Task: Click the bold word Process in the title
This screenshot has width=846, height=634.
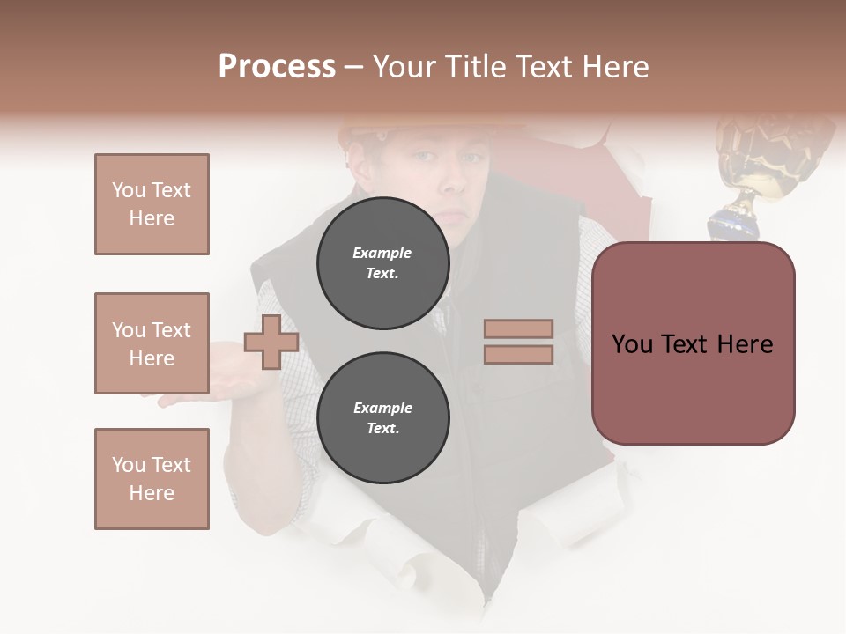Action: [x=277, y=67]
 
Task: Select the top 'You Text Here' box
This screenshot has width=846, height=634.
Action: [x=152, y=204]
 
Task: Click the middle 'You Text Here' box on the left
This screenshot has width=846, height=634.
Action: [x=152, y=343]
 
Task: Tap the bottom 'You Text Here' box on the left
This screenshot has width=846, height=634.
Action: [x=152, y=479]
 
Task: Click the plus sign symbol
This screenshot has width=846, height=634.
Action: [x=271, y=342]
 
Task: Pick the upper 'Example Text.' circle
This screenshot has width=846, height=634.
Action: [x=382, y=263]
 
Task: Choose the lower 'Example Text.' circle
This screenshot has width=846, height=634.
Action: [x=382, y=418]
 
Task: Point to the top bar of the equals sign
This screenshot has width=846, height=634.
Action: [x=518, y=329]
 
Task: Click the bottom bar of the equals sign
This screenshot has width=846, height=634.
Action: [x=518, y=354]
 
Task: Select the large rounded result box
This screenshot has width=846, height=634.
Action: [x=693, y=343]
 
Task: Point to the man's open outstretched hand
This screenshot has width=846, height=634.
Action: [x=189, y=387]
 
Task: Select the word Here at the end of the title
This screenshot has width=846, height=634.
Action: [x=614, y=67]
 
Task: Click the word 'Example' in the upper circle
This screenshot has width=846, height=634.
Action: [x=382, y=254]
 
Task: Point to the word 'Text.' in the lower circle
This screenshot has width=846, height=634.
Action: [x=382, y=429]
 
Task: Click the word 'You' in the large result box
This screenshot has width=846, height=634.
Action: [x=632, y=344]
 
